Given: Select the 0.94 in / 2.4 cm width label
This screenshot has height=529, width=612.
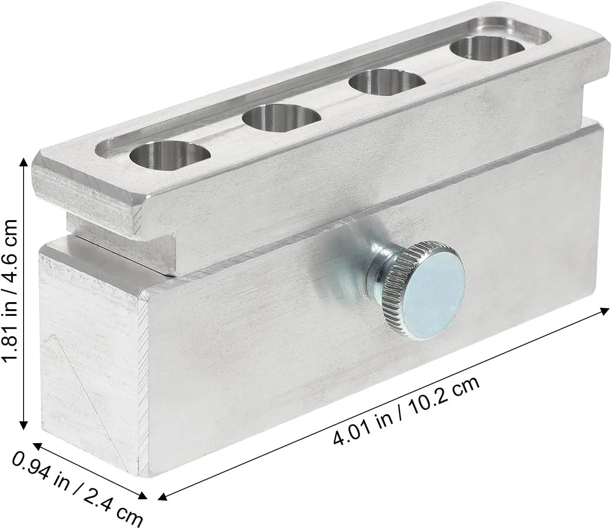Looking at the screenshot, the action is tap(77, 491).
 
